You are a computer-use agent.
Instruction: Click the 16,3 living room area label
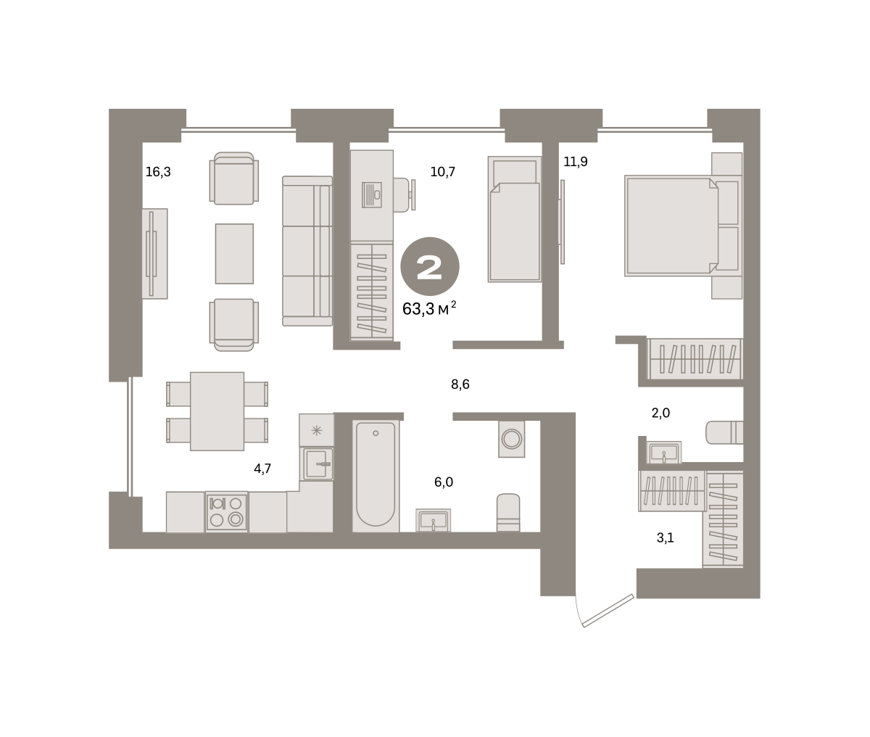click(x=158, y=172)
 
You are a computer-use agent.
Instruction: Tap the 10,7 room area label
click(x=442, y=172)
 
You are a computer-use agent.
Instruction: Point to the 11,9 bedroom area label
click(x=576, y=162)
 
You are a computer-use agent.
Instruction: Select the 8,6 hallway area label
click(x=460, y=384)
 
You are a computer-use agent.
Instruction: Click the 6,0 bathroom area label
click(x=444, y=482)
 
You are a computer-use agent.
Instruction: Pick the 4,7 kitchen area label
click(x=262, y=469)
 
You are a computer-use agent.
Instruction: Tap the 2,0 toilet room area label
click(x=660, y=413)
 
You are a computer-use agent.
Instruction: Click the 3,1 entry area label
click(x=665, y=538)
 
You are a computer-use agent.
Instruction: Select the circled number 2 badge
click(x=430, y=267)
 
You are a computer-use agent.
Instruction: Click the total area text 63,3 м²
click(x=429, y=309)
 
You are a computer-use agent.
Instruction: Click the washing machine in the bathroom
click(x=512, y=439)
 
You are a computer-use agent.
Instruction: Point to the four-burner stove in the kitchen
click(x=226, y=512)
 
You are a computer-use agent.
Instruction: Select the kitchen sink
click(x=317, y=464)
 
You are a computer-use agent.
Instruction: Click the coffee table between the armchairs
click(x=234, y=254)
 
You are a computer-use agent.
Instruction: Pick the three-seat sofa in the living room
click(x=307, y=251)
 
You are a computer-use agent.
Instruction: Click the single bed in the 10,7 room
click(x=514, y=219)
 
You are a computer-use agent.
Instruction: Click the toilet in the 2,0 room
click(x=724, y=432)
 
